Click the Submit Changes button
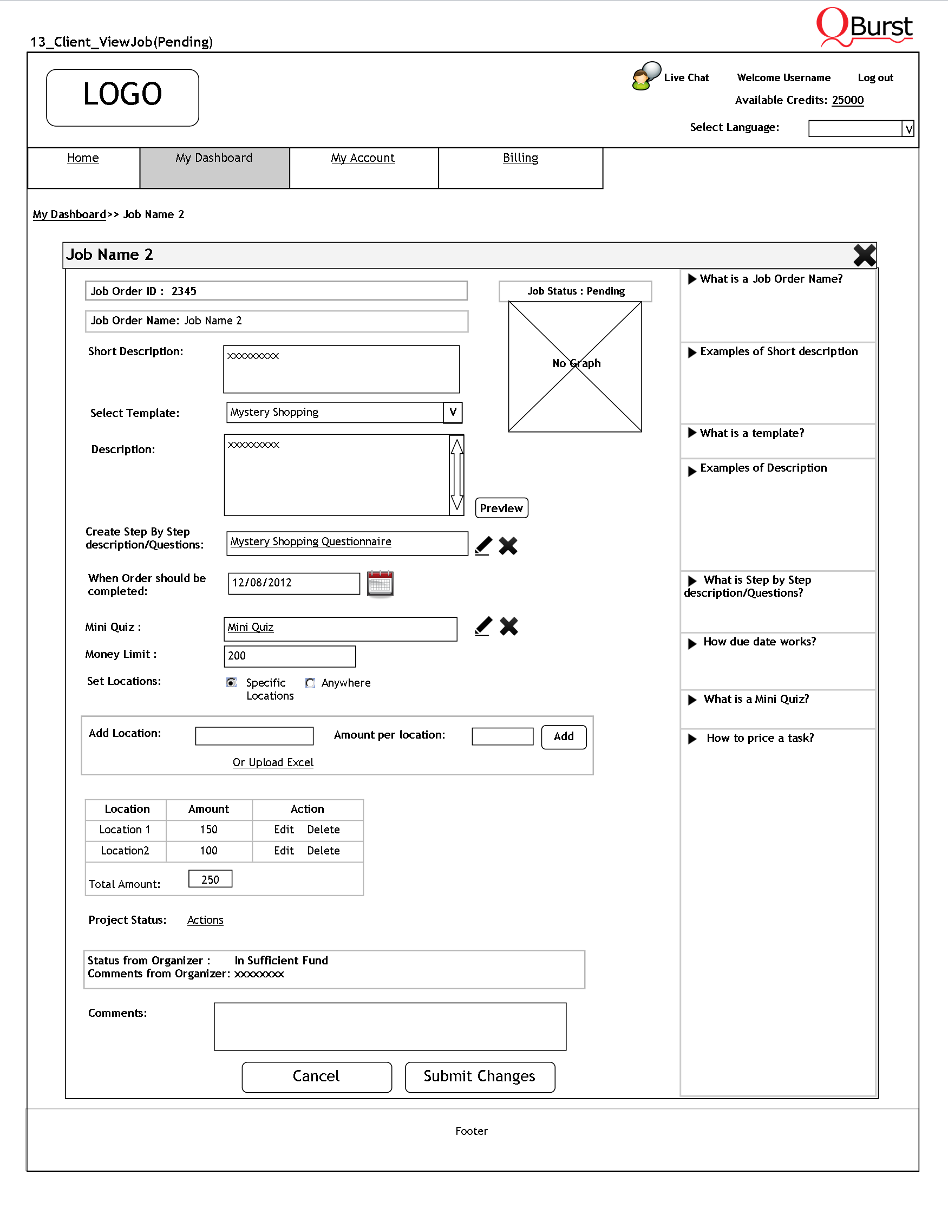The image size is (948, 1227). coord(480,1076)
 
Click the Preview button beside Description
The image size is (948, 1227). coord(501,508)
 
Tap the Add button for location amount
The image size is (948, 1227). coord(563,736)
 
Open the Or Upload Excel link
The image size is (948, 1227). coord(273,762)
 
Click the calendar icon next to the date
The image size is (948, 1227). coord(380,584)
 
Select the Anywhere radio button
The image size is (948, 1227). coord(310,683)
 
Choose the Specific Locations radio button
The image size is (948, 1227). coord(231,683)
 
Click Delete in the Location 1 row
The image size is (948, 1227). coord(323,830)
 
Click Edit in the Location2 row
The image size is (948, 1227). coord(284,851)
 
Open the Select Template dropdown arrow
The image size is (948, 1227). coord(453,413)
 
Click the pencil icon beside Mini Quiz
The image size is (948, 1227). coord(483,626)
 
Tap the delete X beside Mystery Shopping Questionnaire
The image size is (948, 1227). coord(508,545)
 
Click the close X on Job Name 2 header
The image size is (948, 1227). coord(864,255)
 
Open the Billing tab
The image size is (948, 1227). coord(520,158)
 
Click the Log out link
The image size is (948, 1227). coord(875,78)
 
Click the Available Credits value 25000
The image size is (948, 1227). coord(847,100)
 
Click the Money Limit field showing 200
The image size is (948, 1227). coord(289,656)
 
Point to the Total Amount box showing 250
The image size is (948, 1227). coord(210,879)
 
